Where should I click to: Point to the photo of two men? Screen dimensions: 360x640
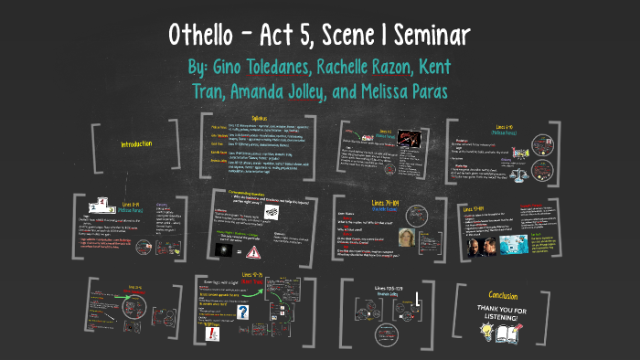492,247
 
